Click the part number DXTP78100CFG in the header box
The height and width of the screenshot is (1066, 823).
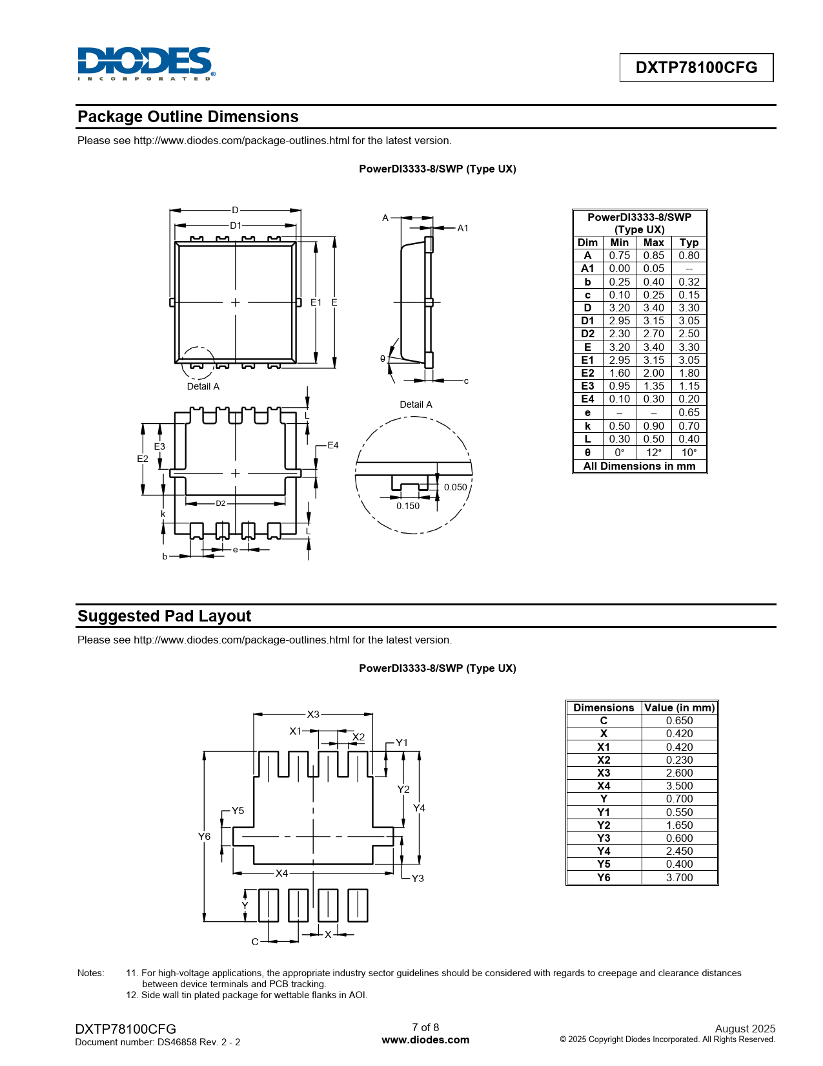(x=696, y=68)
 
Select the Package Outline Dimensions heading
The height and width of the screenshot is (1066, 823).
(x=188, y=117)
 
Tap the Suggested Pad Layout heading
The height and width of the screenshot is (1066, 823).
(x=164, y=616)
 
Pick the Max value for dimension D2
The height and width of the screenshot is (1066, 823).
(x=653, y=334)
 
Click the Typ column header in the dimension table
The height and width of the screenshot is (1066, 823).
(x=689, y=243)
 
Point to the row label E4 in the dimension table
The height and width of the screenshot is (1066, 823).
(x=587, y=399)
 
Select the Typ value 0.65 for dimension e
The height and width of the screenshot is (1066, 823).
(x=689, y=413)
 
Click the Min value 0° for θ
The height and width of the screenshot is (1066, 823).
(x=619, y=453)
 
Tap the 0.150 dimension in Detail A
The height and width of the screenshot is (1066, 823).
(x=408, y=506)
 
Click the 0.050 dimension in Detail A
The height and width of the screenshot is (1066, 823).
(x=455, y=487)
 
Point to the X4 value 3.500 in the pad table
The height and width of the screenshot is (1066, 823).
(x=679, y=786)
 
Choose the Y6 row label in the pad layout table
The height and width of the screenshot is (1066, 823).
(x=604, y=877)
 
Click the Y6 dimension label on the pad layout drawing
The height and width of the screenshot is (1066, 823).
(x=204, y=837)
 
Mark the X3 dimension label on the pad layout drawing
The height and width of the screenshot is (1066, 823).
(x=313, y=715)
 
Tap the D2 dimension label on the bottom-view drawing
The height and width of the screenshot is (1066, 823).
(x=221, y=503)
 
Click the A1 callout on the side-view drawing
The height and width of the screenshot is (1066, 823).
(x=463, y=228)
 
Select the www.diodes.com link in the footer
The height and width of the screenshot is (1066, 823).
(x=425, y=1040)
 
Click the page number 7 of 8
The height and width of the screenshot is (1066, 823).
(x=425, y=1027)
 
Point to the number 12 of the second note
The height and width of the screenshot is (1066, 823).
(x=132, y=995)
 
